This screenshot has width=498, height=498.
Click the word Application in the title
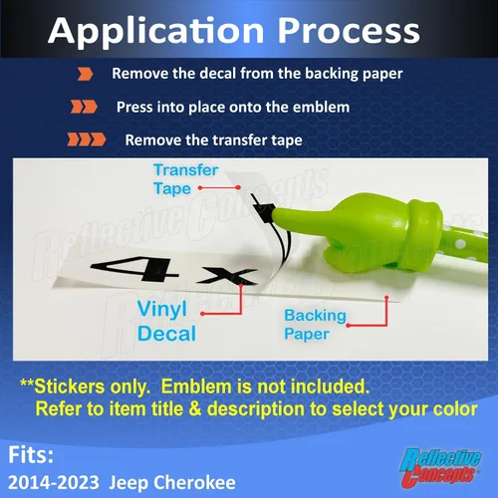click(x=156, y=32)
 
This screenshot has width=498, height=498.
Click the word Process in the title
click(x=349, y=31)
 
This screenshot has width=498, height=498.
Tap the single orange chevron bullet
click(x=85, y=74)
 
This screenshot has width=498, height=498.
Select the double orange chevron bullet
click(x=84, y=107)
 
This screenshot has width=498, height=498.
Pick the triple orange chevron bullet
click(x=87, y=139)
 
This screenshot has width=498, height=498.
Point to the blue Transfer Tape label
click(x=186, y=179)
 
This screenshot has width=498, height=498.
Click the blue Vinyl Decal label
click(x=166, y=321)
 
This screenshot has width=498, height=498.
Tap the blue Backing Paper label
click(x=315, y=325)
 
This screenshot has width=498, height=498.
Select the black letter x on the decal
click(x=226, y=277)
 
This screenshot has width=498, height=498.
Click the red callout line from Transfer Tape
click(x=219, y=188)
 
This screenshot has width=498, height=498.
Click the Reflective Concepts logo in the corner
click(x=440, y=467)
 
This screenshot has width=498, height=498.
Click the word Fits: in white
click(x=31, y=455)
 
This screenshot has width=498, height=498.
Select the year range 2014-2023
click(x=54, y=482)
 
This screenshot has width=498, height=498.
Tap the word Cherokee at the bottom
click(x=194, y=482)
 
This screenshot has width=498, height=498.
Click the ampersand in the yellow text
click(x=195, y=408)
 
